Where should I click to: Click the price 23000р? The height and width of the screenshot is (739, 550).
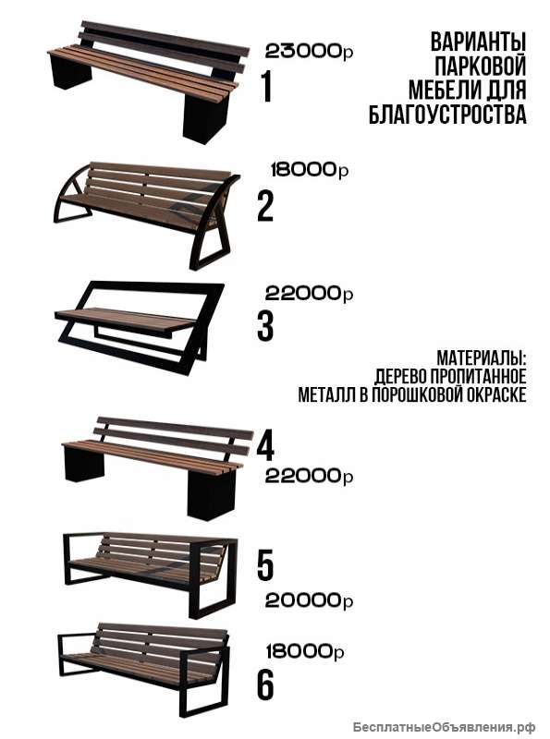(309, 52)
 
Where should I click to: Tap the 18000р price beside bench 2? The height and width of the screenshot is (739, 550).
(309, 170)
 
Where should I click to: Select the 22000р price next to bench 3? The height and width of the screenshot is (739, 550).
(309, 294)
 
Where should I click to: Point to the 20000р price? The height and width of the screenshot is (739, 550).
(309, 600)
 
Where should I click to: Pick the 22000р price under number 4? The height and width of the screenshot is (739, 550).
(309, 477)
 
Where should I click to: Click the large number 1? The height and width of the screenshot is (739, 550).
(267, 87)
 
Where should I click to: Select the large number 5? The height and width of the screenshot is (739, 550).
(266, 563)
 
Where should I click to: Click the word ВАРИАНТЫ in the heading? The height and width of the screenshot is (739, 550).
(478, 42)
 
